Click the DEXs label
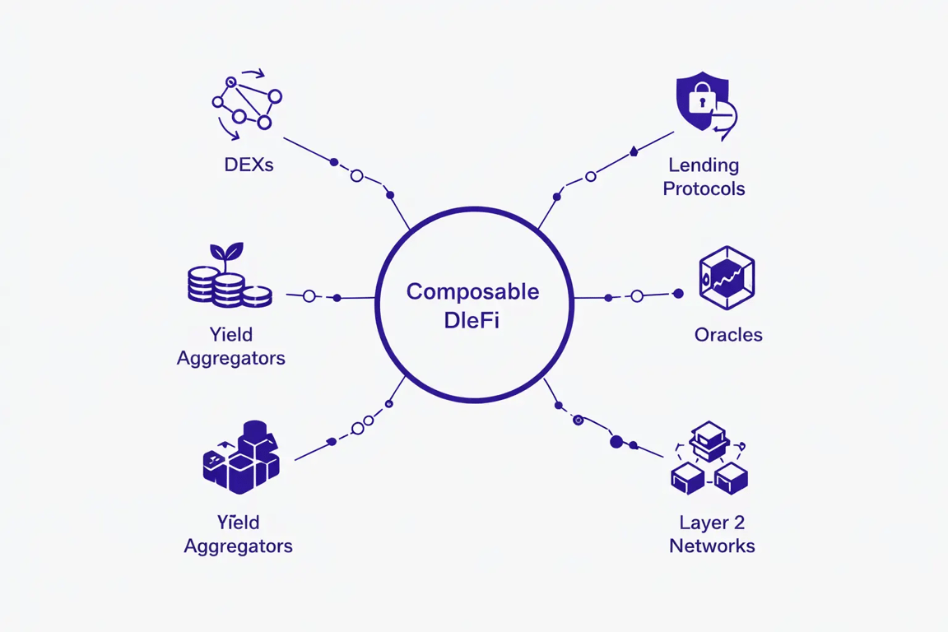tap(249, 165)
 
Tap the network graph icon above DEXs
tap(246, 105)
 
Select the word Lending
tap(704, 165)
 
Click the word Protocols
tap(704, 188)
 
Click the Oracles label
tap(728, 335)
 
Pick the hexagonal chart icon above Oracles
tap(727, 278)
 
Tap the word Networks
tap(712, 546)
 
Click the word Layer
tap(701, 523)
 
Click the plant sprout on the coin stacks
tap(227, 252)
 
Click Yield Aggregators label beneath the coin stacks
tap(231, 346)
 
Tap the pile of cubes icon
tap(241, 458)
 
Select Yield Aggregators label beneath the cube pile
tap(238, 534)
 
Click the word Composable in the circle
tap(473, 291)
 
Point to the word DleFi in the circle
tap(472, 320)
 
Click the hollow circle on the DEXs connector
tap(357, 175)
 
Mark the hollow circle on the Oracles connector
tap(637, 296)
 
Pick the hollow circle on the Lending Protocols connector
tap(591, 176)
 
